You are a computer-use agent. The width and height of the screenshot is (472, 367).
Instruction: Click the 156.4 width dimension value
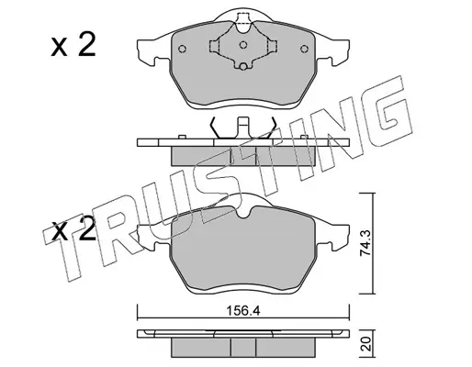tap(243, 311)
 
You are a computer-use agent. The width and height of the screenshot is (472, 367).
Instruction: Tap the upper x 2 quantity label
tap(73, 46)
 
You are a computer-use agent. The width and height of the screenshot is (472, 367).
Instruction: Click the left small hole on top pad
tap(182, 49)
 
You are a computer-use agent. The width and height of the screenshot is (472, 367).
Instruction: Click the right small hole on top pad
tap(304, 49)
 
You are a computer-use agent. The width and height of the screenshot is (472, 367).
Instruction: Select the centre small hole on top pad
tap(243, 45)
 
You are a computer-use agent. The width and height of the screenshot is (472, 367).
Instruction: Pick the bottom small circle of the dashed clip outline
tap(243, 66)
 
